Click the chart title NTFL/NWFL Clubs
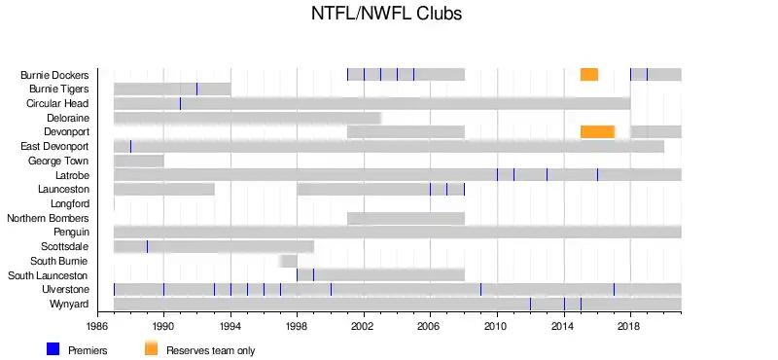click(386, 13)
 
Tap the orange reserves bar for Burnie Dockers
click(589, 75)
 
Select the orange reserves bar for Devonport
click(597, 132)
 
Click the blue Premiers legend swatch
click(53, 349)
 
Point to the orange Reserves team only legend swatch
click(152, 349)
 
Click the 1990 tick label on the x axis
click(163, 326)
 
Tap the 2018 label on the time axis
click(630, 326)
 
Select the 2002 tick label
click(364, 326)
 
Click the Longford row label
click(70, 203)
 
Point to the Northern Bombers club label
click(48, 218)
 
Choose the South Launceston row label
click(48, 275)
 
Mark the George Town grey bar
click(139, 161)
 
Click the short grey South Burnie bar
click(288, 261)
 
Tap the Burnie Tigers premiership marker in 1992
click(197, 89)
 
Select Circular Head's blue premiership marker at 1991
click(180, 103)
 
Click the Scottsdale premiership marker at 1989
click(147, 247)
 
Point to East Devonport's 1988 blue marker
click(130, 147)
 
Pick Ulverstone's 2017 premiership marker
click(614, 290)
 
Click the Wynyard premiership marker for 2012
click(530, 304)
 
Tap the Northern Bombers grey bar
click(406, 218)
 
